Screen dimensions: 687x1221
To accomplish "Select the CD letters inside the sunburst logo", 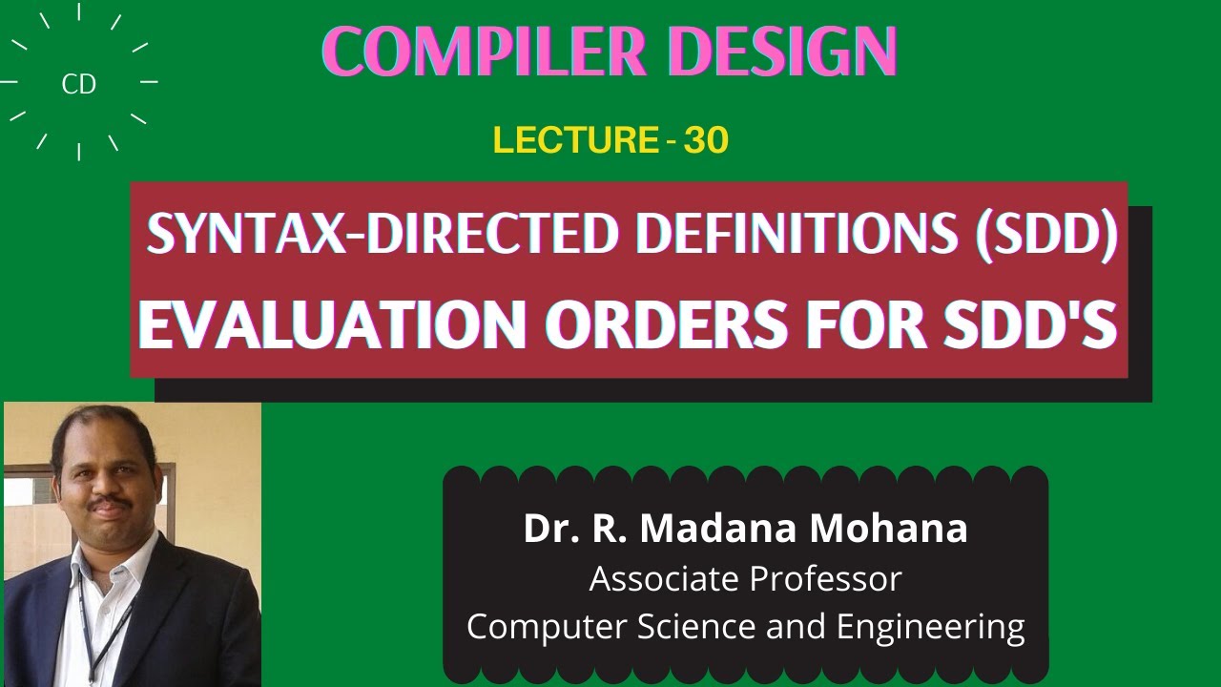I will pyautogui.click(x=78, y=85).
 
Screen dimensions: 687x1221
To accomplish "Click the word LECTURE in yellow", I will pyautogui.click(x=576, y=141).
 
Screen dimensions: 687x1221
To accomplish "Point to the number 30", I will pyautogui.click(x=706, y=141).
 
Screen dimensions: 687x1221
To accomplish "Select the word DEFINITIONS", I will pyautogui.click(x=797, y=233).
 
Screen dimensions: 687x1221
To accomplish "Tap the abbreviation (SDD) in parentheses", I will pyautogui.click(x=1045, y=233).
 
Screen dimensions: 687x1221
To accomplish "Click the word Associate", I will pyautogui.click(x=663, y=578).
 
